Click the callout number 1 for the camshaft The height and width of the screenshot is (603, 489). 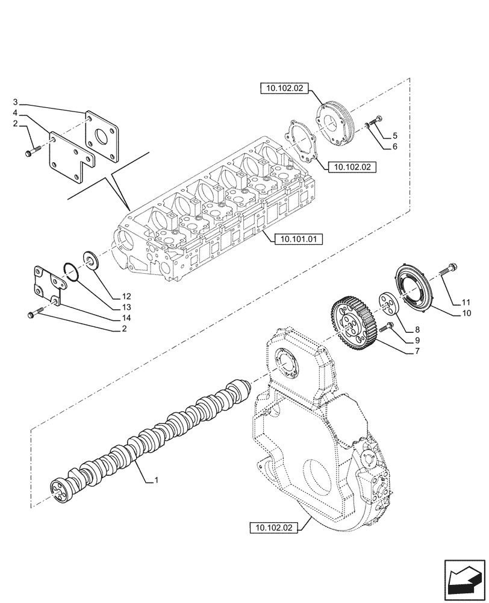[156, 481]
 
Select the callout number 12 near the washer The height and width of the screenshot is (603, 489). [125, 296]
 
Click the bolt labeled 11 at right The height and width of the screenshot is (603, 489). [448, 270]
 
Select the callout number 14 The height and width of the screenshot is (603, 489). [125, 318]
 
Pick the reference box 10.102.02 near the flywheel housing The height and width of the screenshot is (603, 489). [272, 528]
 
